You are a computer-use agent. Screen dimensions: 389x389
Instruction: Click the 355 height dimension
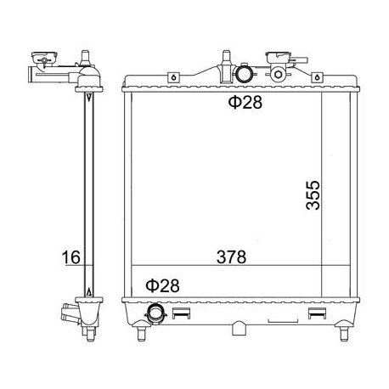coord(313,195)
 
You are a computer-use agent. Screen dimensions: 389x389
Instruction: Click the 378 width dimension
coord(231,257)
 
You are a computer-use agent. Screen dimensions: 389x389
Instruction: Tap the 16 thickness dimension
coord(71,257)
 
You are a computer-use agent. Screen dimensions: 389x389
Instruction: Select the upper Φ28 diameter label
coord(245,103)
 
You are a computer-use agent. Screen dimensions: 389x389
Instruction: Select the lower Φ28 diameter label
coord(162,285)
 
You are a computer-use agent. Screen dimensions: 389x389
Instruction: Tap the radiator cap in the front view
coord(278,58)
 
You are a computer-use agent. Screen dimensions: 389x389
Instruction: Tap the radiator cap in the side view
coord(43,58)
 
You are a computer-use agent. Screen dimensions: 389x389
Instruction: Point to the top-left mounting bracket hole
coord(173,77)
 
